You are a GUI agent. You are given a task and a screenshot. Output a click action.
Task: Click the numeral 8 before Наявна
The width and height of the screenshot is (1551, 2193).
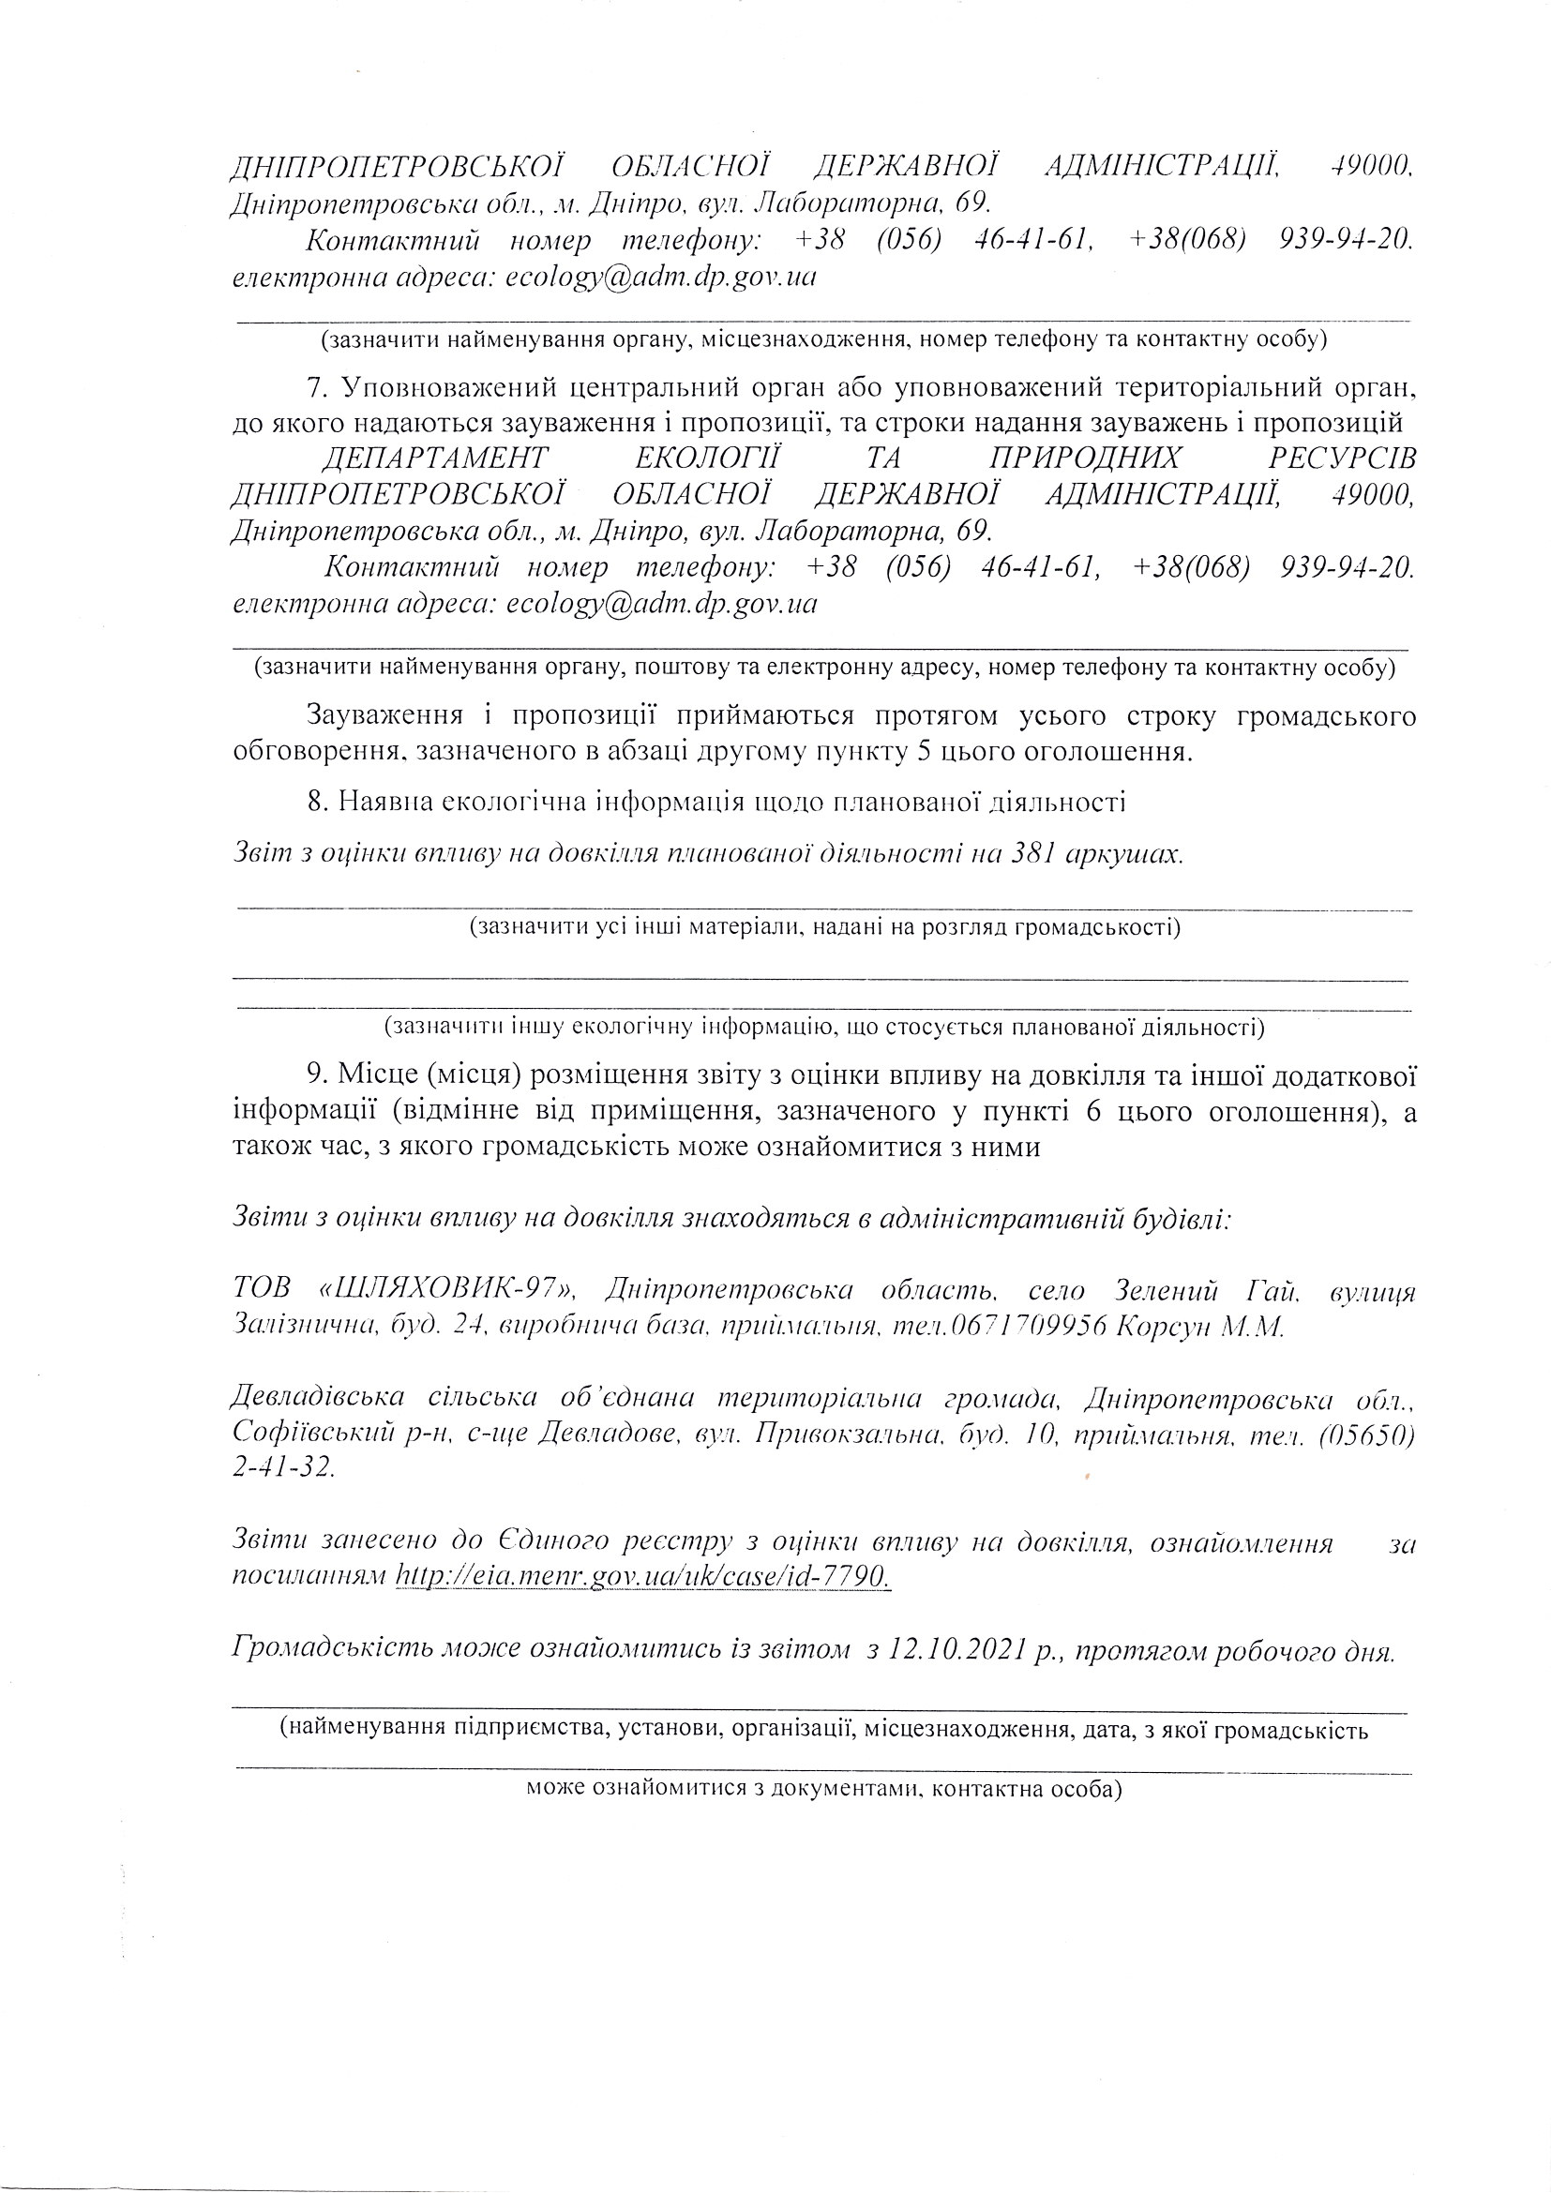(315, 801)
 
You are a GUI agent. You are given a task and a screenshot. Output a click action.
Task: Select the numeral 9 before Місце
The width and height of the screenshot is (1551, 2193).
(315, 1074)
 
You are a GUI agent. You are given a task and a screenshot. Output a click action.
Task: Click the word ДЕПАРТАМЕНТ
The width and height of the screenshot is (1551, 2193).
(434, 458)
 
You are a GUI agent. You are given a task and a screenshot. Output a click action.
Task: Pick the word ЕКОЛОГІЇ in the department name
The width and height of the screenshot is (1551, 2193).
(708, 458)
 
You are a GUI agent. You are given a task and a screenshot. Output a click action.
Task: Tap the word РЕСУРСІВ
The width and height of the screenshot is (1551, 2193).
(1341, 458)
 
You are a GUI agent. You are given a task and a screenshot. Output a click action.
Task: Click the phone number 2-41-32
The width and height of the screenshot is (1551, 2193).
(282, 1468)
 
